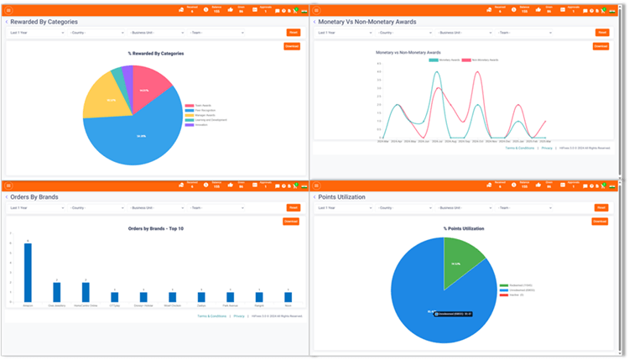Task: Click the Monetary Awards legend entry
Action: pyautogui.click(x=444, y=60)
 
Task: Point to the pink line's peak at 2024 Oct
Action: pyautogui.click(x=477, y=72)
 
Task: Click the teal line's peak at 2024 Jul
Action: pyautogui.click(x=437, y=72)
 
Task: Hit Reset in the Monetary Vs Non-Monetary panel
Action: pyautogui.click(x=602, y=33)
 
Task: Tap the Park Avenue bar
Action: pyautogui.click(x=230, y=296)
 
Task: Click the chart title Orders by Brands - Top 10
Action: pyautogui.click(x=156, y=228)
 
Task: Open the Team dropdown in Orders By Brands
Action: pyautogui.click(x=216, y=207)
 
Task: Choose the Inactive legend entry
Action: pyautogui.click(x=511, y=295)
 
